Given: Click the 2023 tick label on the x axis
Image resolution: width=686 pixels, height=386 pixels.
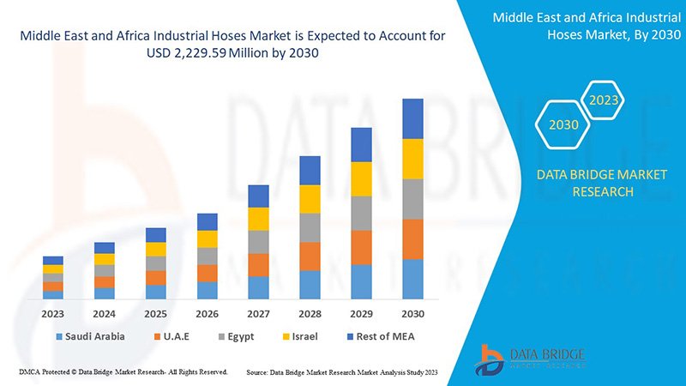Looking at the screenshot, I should click(x=53, y=314).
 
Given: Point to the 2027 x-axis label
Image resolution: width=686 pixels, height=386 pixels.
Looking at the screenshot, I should click(x=258, y=314).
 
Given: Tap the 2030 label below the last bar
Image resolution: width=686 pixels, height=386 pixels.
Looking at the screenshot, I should click(x=412, y=314).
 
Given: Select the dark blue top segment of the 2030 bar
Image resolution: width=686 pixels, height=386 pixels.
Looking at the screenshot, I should click(x=412, y=118).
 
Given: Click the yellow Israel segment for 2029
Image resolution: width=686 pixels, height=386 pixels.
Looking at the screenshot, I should click(x=361, y=178).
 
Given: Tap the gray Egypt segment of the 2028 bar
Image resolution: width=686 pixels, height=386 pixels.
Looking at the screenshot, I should click(x=310, y=227).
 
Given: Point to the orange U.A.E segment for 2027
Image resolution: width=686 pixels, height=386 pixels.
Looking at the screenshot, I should click(x=258, y=264).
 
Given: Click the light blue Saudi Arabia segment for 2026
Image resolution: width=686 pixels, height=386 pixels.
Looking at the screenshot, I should click(x=207, y=290).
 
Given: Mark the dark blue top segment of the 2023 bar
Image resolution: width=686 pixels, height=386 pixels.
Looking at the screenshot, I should click(x=53, y=260).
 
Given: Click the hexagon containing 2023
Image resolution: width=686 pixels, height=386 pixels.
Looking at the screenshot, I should click(x=604, y=100).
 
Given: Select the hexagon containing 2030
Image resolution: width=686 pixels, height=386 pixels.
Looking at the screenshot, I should click(x=563, y=125).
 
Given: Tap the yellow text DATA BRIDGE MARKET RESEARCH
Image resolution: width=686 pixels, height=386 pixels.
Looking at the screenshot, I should click(x=601, y=183).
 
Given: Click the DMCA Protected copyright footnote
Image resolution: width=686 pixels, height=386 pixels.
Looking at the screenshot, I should click(x=123, y=372).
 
